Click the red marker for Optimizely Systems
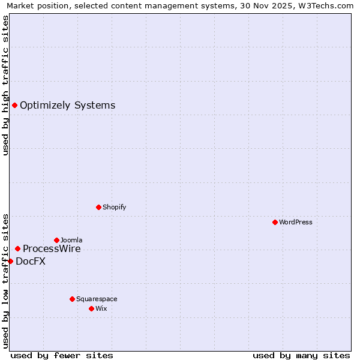pyautogui.click(x=14, y=106)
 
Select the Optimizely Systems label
pyautogui.click(x=67, y=106)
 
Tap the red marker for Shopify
pyautogui.click(x=98, y=207)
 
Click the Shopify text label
pyautogui.click(x=114, y=207)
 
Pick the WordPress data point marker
pyautogui.click(x=275, y=222)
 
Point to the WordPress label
pyautogui.click(x=295, y=222)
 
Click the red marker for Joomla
pyautogui.click(x=56, y=240)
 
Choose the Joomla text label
pyautogui.click(x=71, y=240)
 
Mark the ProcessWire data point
pyautogui.click(x=17, y=248)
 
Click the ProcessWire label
pyautogui.click(x=52, y=249)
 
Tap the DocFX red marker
pyautogui.click(x=10, y=261)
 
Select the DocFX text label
pyautogui.click(x=31, y=262)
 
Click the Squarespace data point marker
pyautogui.click(x=72, y=299)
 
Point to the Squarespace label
pyautogui.click(x=97, y=299)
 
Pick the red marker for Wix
pyautogui.click(x=91, y=308)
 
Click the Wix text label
pyautogui.click(x=101, y=308)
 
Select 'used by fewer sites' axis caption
pyautogui.click(x=62, y=355)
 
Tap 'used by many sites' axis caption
pyautogui.click(x=301, y=355)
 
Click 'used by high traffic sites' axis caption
pyautogui.click(x=5, y=85)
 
